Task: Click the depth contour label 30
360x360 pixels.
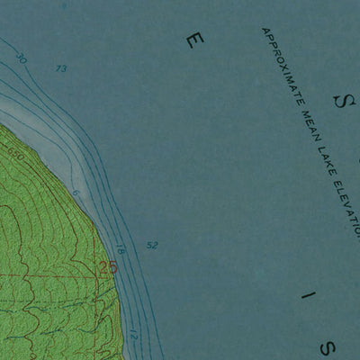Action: [22, 60]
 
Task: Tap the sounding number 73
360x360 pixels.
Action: [61, 68]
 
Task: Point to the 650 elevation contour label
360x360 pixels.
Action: [15, 155]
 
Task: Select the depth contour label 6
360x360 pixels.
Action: [76, 193]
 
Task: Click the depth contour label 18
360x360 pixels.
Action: [120, 249]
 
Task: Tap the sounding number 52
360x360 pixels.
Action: [151, 245]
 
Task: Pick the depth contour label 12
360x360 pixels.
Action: [134, 334]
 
